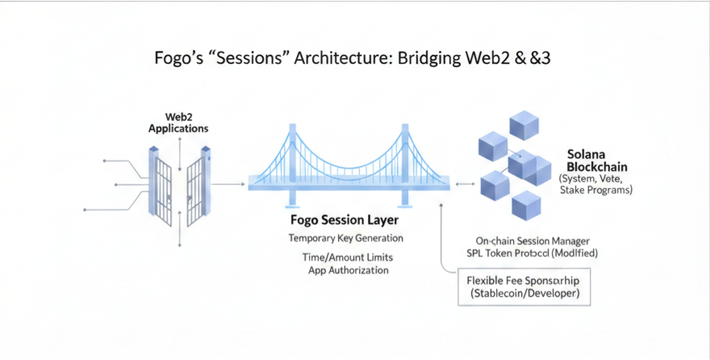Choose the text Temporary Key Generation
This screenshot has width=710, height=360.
point(345,239)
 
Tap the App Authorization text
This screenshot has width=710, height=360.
point(348,270)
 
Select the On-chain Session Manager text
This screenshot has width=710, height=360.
point(532,241)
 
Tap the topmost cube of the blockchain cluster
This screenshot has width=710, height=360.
point(524,124)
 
